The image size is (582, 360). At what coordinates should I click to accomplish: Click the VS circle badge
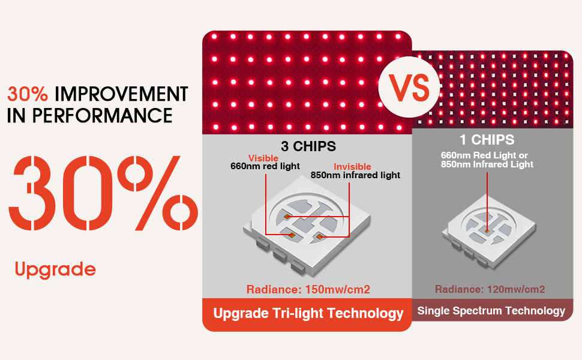coord(409,87)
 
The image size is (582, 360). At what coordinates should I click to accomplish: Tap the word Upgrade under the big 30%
coord(55,270)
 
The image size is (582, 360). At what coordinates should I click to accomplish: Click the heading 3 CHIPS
coord(308,146)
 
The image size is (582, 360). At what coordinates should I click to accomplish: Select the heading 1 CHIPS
coord(487,140)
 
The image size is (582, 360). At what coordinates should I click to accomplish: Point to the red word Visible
coord(263,158)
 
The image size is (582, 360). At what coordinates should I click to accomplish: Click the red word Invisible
coord(352,167)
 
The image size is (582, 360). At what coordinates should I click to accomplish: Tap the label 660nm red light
coord(265,166)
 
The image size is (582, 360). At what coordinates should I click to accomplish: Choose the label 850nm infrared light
coord(355,175)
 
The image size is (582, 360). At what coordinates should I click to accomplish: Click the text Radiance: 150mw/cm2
coord(308,289)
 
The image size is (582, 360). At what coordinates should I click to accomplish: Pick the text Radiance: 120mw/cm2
coord(490,289)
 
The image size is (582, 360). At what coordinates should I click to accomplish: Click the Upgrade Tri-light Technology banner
coord(307,314)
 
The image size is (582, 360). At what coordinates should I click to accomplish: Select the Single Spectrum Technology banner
coord(491,311)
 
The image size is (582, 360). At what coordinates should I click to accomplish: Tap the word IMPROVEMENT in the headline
coord(121,94)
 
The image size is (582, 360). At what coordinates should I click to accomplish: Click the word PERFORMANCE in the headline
coord(103,116)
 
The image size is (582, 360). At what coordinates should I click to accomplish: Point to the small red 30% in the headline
coord(28,94)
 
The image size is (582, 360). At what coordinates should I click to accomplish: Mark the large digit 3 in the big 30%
coord(32,193)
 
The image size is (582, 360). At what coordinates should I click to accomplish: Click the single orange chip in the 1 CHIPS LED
coord(487,231)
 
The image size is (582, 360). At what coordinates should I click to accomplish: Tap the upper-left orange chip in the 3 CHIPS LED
coord(287,217)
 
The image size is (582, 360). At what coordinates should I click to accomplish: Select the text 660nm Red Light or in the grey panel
coord(484,155)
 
